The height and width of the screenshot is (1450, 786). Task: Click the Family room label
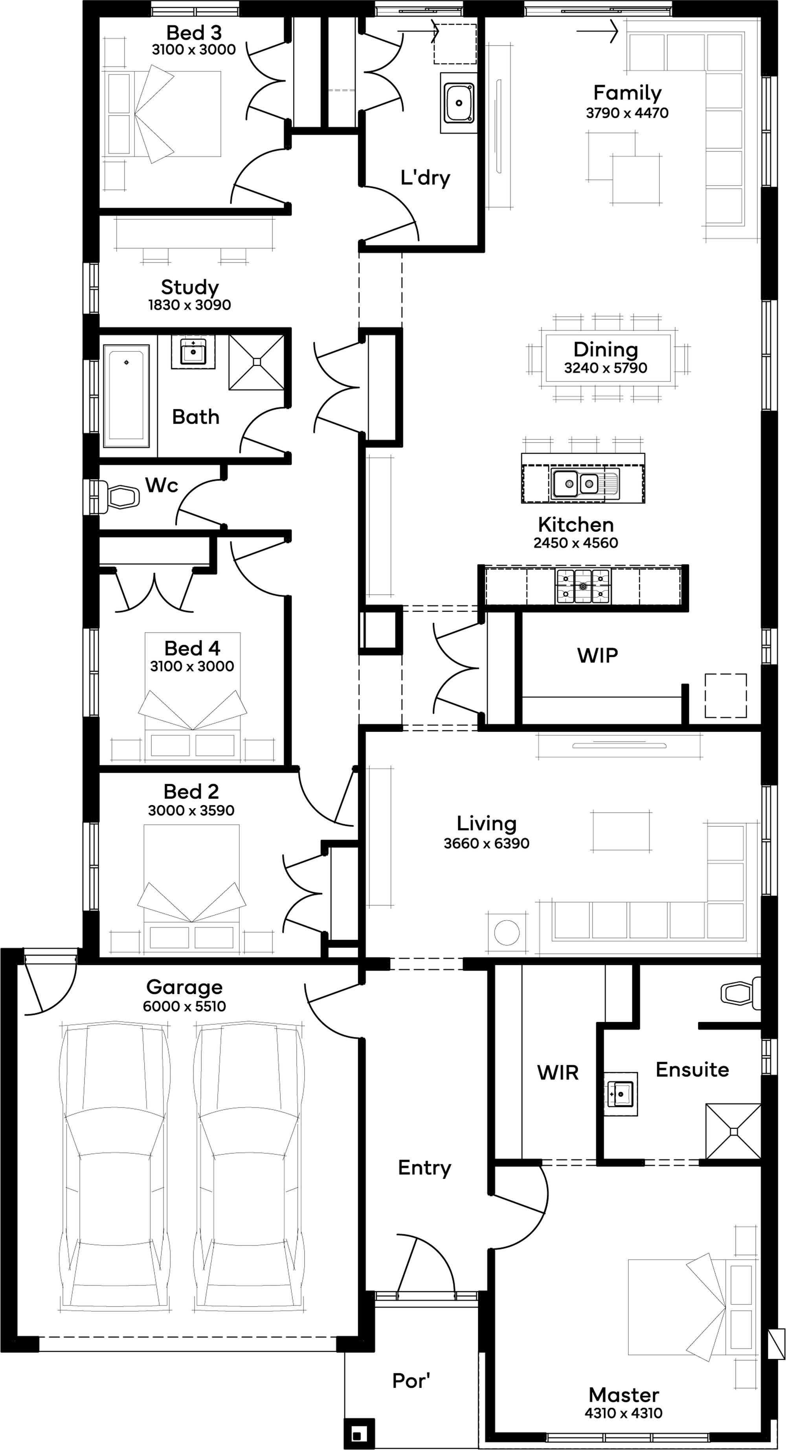pos(627,92)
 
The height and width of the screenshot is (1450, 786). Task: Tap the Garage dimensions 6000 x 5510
pos(185,1006)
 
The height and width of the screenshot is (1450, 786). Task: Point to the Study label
pos(189,287)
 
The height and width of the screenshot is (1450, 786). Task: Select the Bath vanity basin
pos(193,352)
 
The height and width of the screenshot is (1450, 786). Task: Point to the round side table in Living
pos(506,932)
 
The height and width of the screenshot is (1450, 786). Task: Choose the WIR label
pos(558,1073)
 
